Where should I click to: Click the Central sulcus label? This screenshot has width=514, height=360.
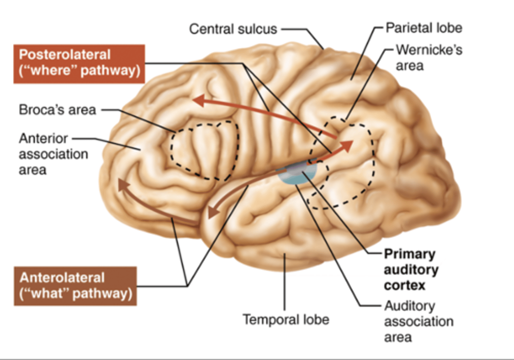(233, 29)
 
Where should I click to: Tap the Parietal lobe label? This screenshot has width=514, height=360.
(424, 28)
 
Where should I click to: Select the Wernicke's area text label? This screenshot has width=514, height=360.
(428, 57)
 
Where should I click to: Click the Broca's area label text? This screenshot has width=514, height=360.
(57, 110)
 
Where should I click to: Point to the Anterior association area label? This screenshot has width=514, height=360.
(53, 154)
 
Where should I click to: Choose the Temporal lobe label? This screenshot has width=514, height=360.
(286, 319)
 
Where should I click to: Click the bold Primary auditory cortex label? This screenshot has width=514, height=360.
(411, 270)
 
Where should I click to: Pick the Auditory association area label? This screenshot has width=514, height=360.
(418, 321)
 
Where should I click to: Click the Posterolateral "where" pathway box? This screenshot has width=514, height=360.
(79, 63)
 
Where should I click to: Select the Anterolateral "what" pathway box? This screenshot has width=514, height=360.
(75, 286)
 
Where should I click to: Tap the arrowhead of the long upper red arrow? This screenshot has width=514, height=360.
(198, 100)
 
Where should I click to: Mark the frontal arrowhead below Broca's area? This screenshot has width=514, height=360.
(123, 185)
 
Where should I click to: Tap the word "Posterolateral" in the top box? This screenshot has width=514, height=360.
(65, 55)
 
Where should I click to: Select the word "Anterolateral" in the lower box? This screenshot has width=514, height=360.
(62, 277)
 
